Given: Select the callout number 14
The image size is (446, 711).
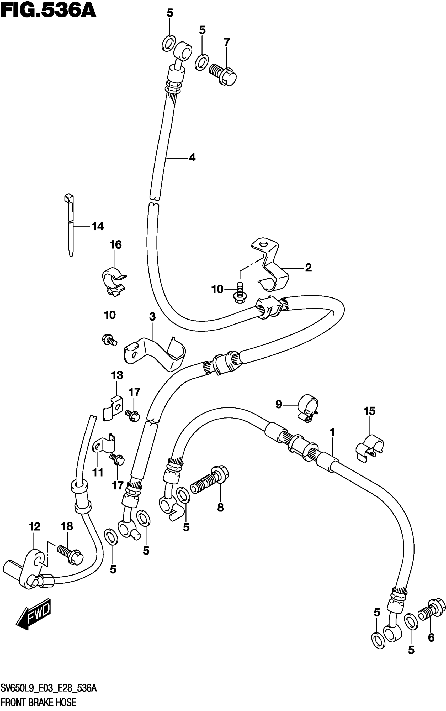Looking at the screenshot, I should coord(98,227).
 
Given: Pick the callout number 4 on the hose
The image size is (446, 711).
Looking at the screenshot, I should coord(192,158).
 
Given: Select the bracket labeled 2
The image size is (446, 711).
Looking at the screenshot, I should coord(271,266).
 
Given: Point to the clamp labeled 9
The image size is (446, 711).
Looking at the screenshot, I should coord(308,408).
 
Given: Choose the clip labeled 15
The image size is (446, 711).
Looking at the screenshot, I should coord(369,449).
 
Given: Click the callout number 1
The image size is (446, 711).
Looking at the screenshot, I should coord(332,432).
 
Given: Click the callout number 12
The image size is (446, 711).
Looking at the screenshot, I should coord(35,526).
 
